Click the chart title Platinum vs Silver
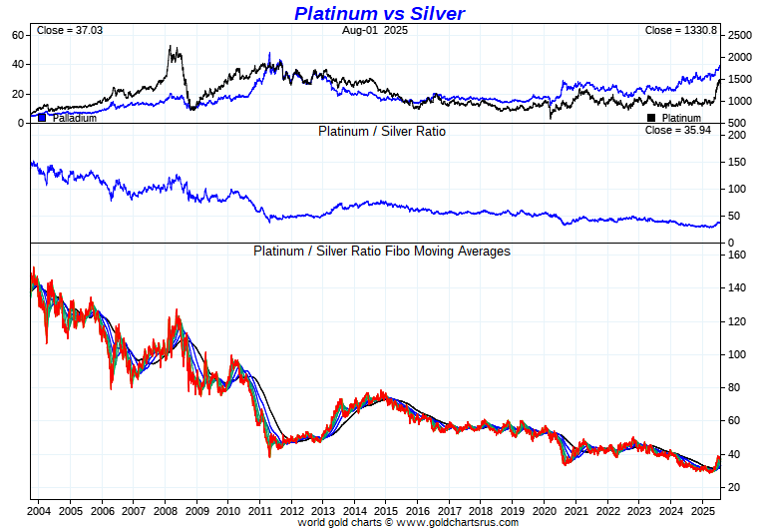pos(379,13)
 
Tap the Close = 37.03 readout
pos(70,30)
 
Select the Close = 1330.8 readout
pos(681,30)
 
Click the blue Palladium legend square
pos(42,118)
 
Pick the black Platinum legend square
pos(651,118)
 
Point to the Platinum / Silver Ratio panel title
pos(382,131)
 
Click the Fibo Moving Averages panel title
pos(382,251)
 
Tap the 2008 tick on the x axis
pos(165,510)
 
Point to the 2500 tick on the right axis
pos(739,35)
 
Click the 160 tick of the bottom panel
pos(737,255)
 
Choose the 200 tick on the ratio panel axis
pos(737,135)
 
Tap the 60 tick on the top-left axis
pos(17,35)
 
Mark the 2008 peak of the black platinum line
pos(172,47)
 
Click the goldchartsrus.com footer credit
pos(408,522)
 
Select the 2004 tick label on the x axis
pos(39,510)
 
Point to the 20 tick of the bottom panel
pos(735,487)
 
